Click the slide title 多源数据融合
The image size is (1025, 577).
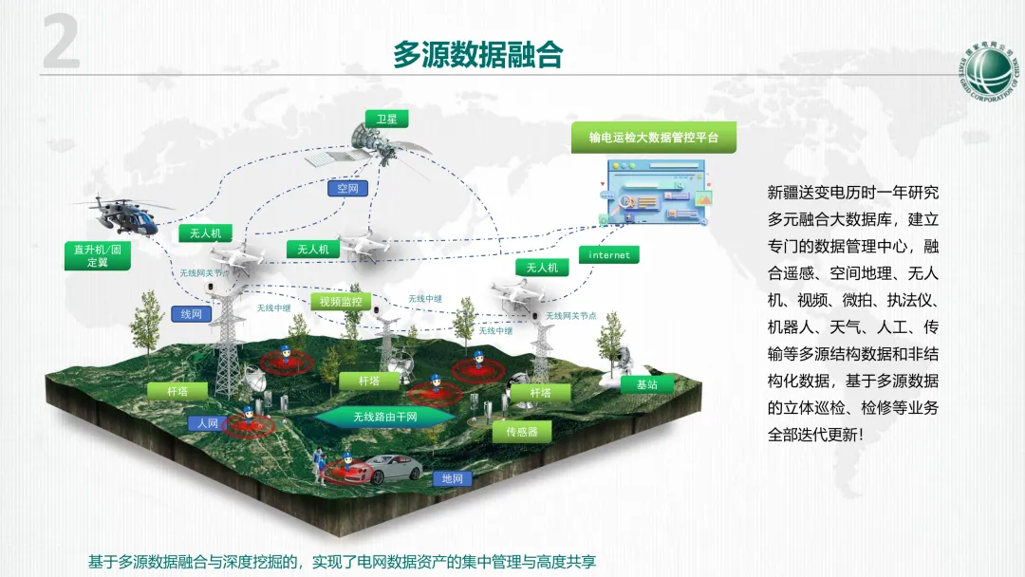[478, 55]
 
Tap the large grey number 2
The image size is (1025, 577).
[62, 44]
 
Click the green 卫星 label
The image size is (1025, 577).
[386, 119]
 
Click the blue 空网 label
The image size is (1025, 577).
[347, 188]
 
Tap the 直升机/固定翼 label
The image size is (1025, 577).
[98, 255]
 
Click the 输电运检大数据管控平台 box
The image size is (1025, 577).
[654, 138]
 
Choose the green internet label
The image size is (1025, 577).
[609, 255]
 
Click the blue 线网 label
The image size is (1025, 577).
[192, 313]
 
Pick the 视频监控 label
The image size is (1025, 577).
[341, 302]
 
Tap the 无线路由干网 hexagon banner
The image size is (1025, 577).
[385, 416]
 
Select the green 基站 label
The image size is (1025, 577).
[647, 384]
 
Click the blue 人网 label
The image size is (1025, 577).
[208, 423]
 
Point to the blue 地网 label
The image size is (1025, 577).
[453, 479]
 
